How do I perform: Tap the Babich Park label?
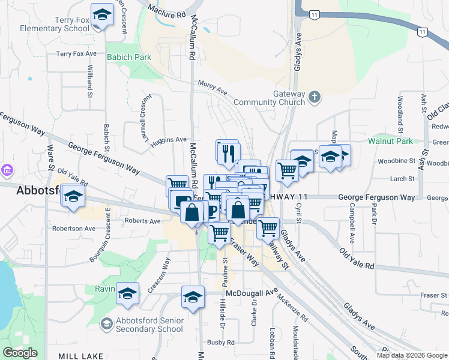[x=128, y=57]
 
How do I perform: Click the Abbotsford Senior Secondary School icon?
[x=106, y=324]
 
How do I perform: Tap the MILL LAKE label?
[x=80, y=356]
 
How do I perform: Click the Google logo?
[x=20, y=353]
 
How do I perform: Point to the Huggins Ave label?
[x=169, y=140]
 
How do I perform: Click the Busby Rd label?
[x=221, y=342]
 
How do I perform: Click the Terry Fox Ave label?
[x=76, y=54]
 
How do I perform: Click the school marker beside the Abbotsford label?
[x=73, y=197]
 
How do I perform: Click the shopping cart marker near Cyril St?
[x=288, y=170]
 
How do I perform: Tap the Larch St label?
[x=402, y=178]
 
